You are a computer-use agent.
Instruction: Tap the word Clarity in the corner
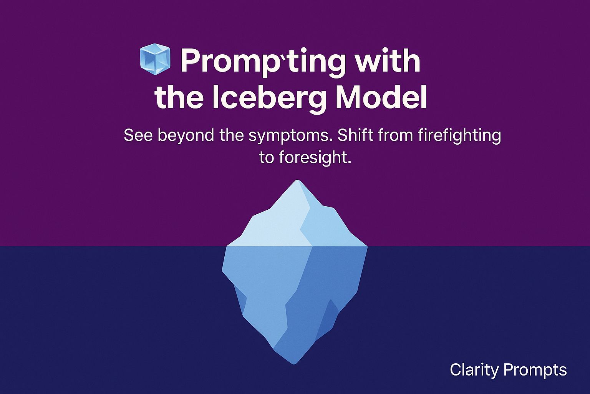(x=474, y=370)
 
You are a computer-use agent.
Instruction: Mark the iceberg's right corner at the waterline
(x=367, y=246)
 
